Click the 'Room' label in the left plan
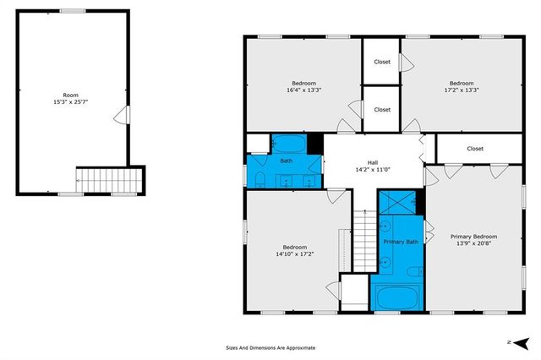tap(70, 95)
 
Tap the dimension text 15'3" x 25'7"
tap(70, 103)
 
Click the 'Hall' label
tap(372, 162)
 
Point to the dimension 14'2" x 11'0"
tap(372, 170)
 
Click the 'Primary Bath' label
tap(400, 243)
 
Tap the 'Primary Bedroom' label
tap(473, 237)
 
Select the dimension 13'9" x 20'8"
tap(473, 244)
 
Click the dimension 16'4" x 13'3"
tap(303, 90)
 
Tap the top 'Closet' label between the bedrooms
tap(382, 62)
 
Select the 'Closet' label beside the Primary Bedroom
tap(475, 149)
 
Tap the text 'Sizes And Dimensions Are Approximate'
tap(270, 346)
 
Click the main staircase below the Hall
tap(363, 241)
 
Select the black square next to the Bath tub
tap(315, 144)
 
